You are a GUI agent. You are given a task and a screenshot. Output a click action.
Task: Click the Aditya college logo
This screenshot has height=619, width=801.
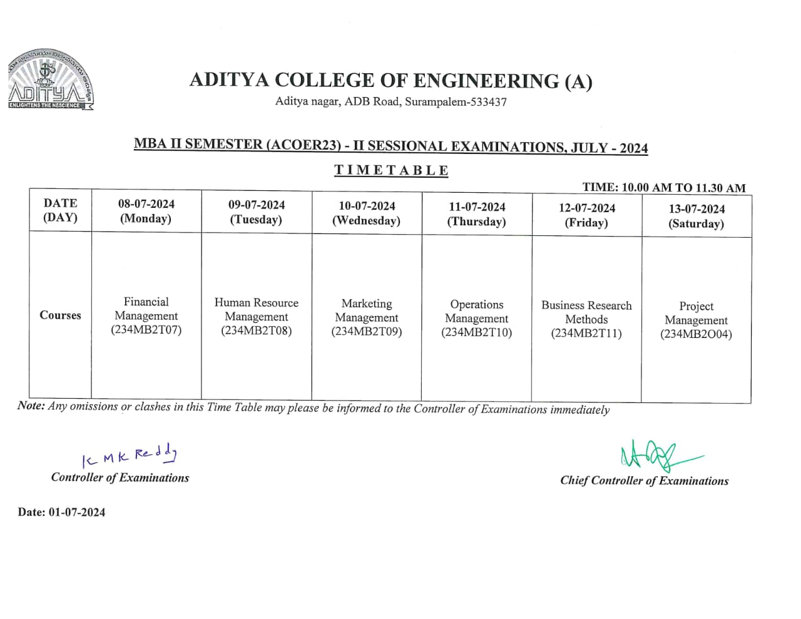click(x=50, y=80)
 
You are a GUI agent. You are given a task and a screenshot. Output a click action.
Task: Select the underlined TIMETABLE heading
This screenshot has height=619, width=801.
click(x=391, y=170)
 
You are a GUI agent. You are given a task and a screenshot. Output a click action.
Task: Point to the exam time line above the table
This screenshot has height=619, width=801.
click(x=664, y=188)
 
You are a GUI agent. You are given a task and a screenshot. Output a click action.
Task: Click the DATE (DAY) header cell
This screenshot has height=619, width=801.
click(x=60, y=210)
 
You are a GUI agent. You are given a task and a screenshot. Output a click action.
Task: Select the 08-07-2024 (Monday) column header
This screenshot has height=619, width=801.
click(x=146, y=211)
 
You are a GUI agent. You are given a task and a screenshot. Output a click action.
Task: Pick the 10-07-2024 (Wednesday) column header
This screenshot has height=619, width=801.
click(x=366, y=213)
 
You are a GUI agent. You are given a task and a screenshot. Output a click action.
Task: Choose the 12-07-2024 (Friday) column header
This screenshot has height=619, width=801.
click(x=586, y=215)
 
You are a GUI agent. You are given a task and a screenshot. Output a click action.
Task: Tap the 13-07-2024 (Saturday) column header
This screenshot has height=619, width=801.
click(x=696, y=216)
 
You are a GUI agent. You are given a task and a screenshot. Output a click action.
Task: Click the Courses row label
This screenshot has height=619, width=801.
click(x=60, y=315)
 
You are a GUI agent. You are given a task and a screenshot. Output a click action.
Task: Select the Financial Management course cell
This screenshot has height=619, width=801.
click(x=146, y=315)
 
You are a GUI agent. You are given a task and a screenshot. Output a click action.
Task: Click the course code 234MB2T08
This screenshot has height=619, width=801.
click(x=256, y=331)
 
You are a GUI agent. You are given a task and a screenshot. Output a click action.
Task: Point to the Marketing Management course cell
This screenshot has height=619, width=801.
click(x=366, y=317)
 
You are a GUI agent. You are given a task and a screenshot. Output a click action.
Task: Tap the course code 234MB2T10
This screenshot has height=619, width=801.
click(x=476, y=333)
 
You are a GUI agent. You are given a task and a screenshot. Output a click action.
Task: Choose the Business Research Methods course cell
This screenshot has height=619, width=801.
click(x=586, y=319)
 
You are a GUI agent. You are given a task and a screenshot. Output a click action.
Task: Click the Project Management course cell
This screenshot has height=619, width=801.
click(x=696, y=320)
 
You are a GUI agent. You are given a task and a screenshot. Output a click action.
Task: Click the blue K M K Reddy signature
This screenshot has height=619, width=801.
click(x=130, y=456)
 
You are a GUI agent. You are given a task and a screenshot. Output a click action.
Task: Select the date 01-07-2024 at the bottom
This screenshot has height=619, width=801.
click(x=77, y=512)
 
